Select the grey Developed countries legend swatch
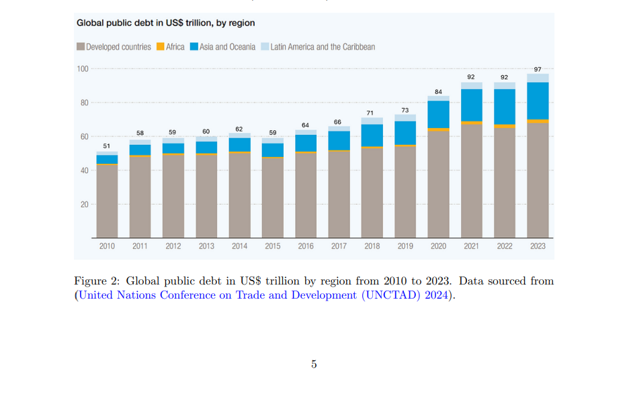pyautogui.click(x=81, y=47)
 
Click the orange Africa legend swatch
pyautogui.click(x=161, y=47)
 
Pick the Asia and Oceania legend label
pyautogui.click(x=227, y=47)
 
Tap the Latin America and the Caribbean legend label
pyautogui.click(x=323, y=47)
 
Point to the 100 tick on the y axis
pyautogui.click(x=83, y=68)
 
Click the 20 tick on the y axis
pyautogui.click(x=85, y=204)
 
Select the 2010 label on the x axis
pyautogui.click(x=107, y=246)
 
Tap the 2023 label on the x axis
pyautogui.click(x=538, y=246)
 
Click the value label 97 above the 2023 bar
pyautogui.click(x=538, y=69)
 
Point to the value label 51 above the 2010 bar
pyautogui.click(x=107, y=146)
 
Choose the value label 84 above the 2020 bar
pyautogui.click(x=438, y=91)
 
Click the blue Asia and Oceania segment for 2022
pyautogui.click(x=505, y=107)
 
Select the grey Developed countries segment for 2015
pyautogui.click(x=273, y=198)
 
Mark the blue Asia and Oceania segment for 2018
pyautogui.click(x=372, y=135)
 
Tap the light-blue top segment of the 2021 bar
pyautogui.click(x=472, y=85)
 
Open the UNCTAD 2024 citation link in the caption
pyautogui.click(x=262, y=295)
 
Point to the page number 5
pyautogui.click(x=314, y=364)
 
